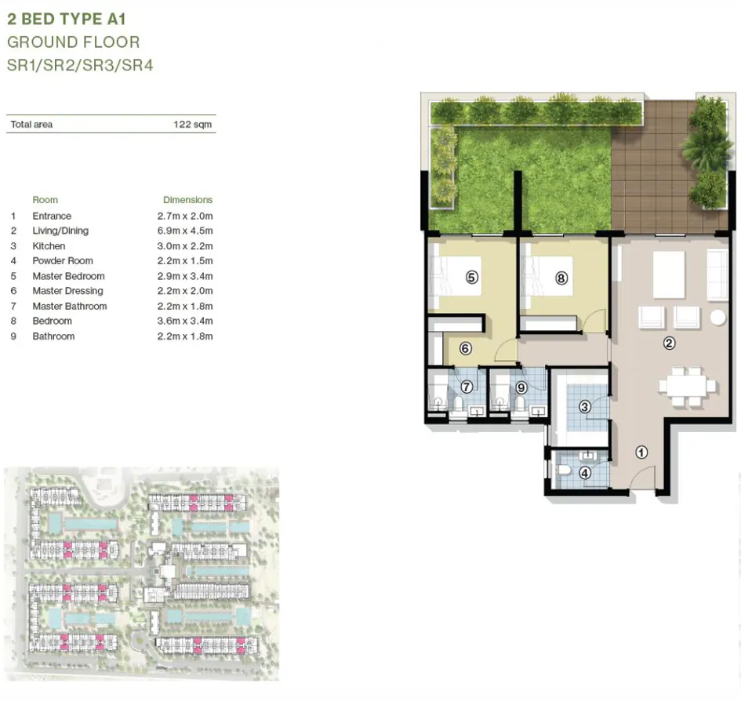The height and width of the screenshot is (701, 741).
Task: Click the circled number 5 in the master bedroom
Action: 472,278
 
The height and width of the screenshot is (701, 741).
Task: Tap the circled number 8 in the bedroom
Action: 561,278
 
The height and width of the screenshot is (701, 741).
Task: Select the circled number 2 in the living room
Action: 669,343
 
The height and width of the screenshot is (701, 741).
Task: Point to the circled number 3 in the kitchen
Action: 584,406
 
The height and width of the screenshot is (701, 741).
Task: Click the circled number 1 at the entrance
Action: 641,452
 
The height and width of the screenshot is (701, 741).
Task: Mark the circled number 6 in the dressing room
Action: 464,348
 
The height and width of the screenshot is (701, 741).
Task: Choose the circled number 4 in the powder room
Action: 584,473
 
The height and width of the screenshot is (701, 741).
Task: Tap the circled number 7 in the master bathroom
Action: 466,387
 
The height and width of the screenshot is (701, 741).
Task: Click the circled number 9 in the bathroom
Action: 521,387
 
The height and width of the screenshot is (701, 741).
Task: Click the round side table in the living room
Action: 717,318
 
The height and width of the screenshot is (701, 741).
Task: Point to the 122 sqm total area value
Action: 192,124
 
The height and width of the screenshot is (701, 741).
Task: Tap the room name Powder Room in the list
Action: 62,261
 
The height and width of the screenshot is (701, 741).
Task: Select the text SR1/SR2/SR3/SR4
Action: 80,66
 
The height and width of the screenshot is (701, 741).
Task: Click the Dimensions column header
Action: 187,200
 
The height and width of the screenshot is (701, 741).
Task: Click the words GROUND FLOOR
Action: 73,42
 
